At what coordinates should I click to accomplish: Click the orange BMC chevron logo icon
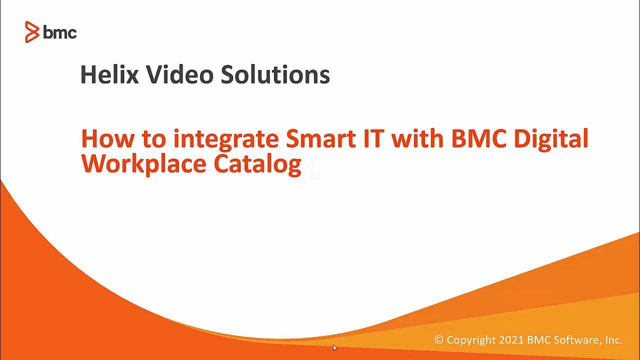coord(32,32)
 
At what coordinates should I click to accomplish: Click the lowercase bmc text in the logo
coord(60,33)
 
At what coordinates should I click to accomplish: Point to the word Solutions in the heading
coord(275,74)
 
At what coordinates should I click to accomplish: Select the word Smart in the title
coord(316,138)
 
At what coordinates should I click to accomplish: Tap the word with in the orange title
coord(418,138)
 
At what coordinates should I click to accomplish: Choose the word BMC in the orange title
coord(479,138)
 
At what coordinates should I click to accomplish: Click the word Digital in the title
coord(551,139)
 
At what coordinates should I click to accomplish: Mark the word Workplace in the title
coord(143,164)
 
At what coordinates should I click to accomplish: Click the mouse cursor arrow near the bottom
coord(334,347)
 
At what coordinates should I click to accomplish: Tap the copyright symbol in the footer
coord(439,340)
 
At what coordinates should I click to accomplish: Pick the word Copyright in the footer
coord(471,340)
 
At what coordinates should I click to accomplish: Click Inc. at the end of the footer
coord(613,340)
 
